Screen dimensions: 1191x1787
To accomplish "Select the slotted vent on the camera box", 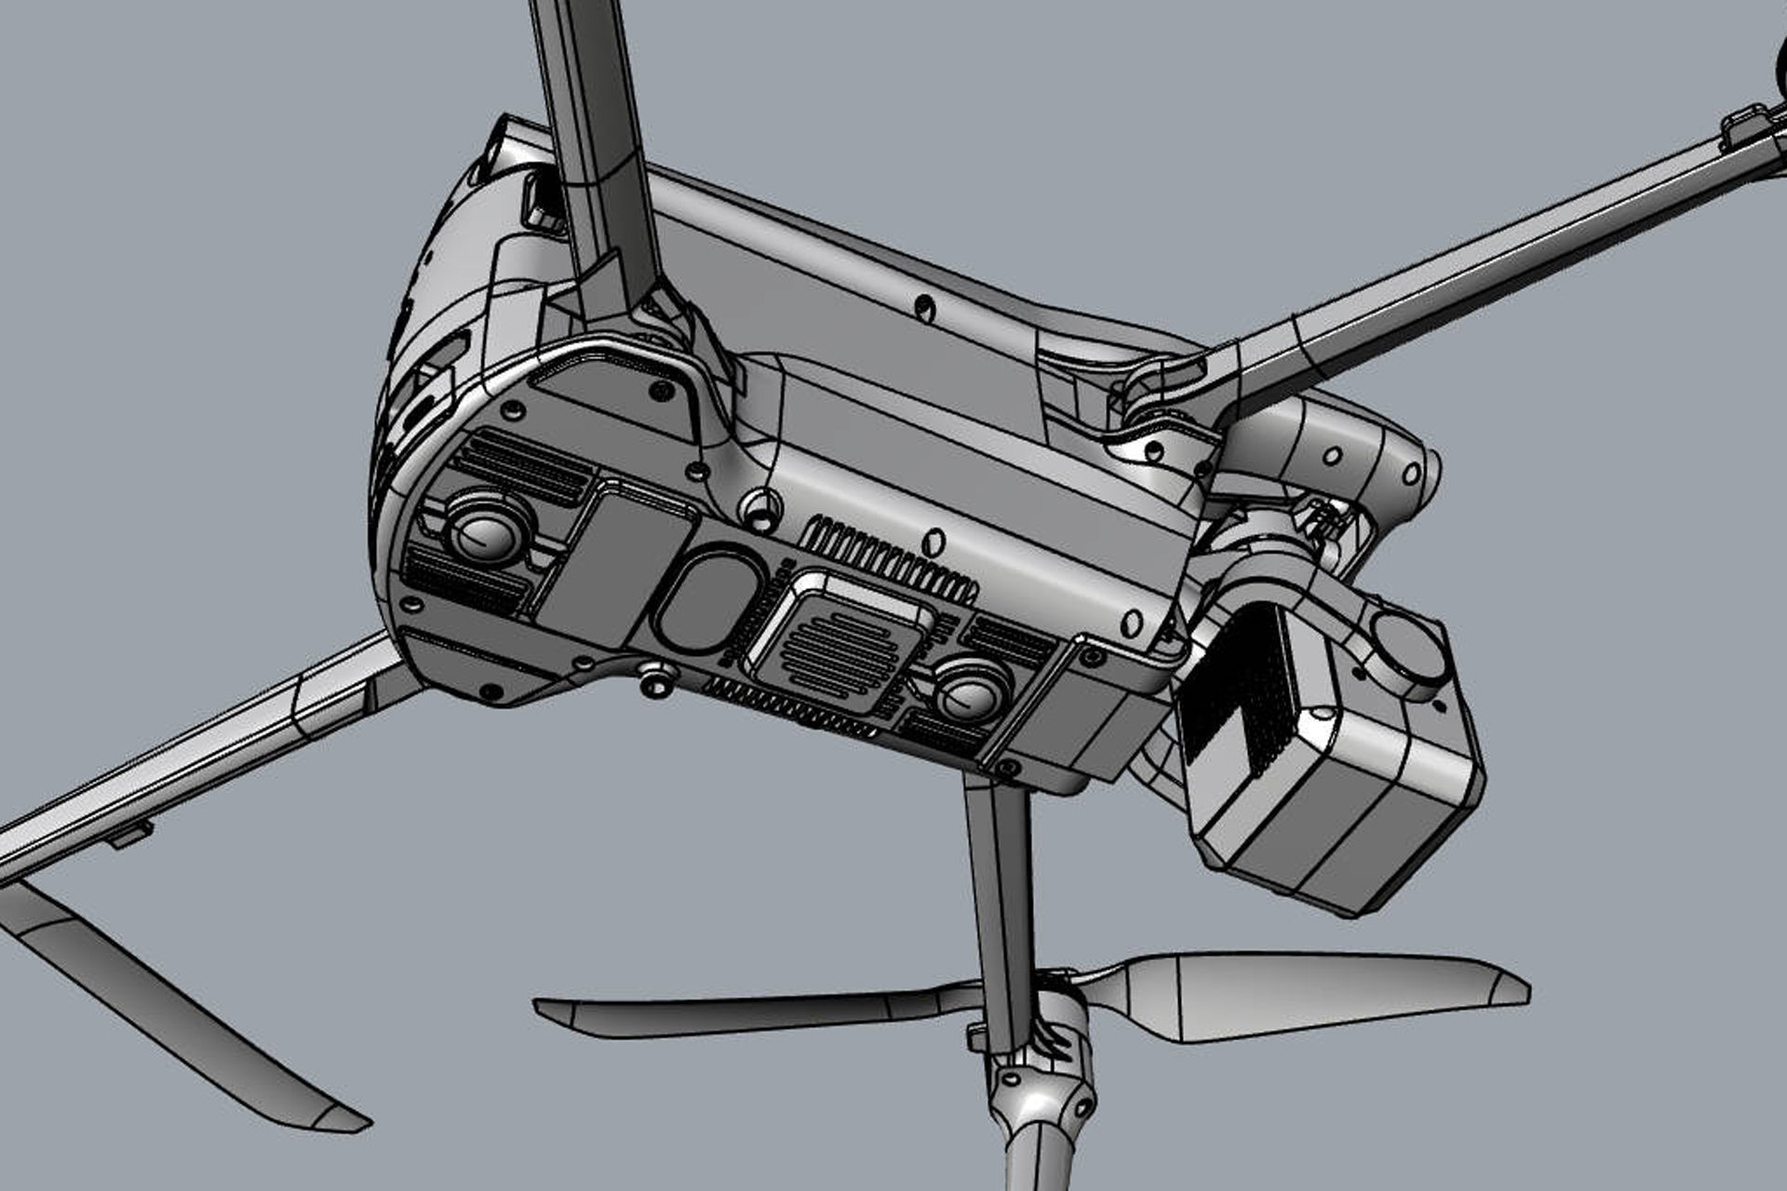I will click(1238, 689).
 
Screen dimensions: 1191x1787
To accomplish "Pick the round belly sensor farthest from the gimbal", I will click(487, 531).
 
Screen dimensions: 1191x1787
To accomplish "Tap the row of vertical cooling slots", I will click(893, 558).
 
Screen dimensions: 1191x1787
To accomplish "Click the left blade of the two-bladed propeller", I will click(745, 1010).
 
